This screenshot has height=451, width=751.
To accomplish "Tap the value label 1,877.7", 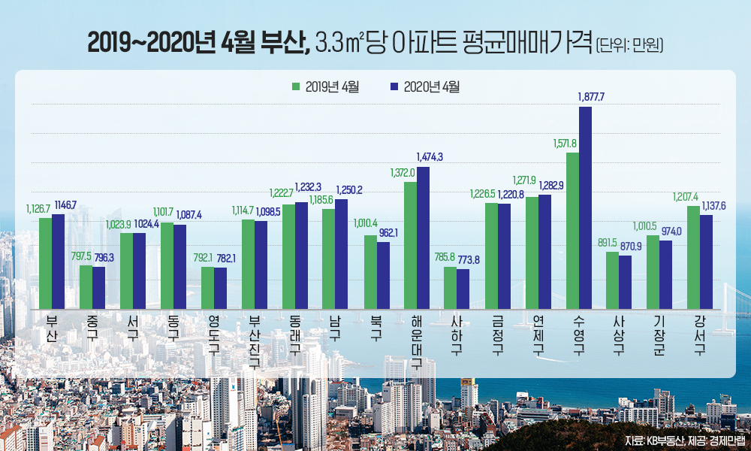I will (591, 97).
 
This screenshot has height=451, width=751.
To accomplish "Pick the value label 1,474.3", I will (430, 156).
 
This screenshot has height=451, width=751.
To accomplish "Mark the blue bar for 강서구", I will (706, 260).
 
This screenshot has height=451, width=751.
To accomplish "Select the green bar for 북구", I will (370, 271).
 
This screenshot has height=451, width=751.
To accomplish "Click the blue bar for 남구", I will (342, 253).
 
